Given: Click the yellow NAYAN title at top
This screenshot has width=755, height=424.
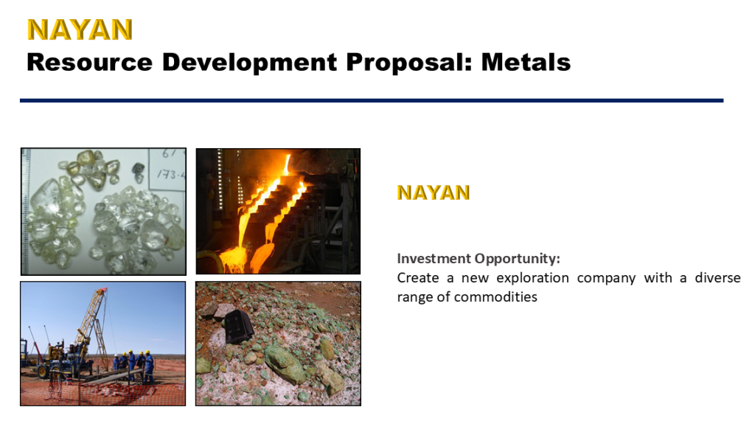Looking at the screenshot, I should pyautogui.click(x=80, y=29).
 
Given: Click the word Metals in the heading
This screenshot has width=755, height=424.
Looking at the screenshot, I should pyautogui.click(x=526, y=63).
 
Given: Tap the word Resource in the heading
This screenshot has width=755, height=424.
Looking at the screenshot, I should pyautogui.click(x=89, y=63).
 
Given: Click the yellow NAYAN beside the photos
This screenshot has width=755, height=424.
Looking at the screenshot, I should pyautogui.click(x=433, y=192).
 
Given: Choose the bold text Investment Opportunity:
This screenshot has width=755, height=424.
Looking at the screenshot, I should pyautogui.click(x=479, y=259).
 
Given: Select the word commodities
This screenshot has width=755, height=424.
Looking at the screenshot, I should pyautogui.click(x=495, y=297).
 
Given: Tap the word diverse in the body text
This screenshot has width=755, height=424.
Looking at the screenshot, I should pyautogui.click(x=717, y=278).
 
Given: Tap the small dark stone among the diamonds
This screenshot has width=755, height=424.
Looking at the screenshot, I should pyautogui.click(x=137, y=169).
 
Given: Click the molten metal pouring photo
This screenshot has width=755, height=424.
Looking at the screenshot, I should pyautogui.click(x=278, y=211).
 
